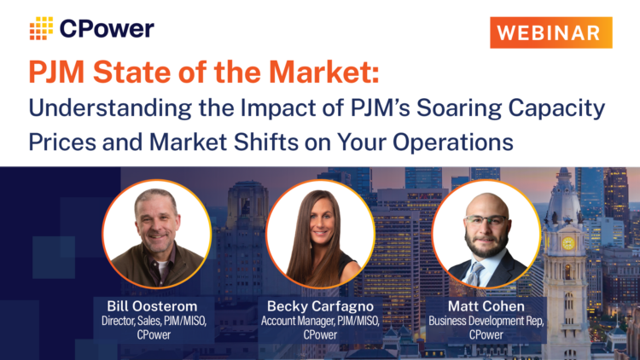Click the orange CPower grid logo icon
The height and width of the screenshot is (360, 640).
pyautogui.click(x=41, y=28)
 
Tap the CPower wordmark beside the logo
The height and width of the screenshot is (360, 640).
pyautogui.click(x=107, y=28)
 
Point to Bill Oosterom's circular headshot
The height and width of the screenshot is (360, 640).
pyautogui.click(x=156, y=233)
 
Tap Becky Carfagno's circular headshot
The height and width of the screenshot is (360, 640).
pyautogui.click(x=320, y=233)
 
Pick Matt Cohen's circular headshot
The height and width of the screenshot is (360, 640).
pyautogui.click(x=486, y=233)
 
